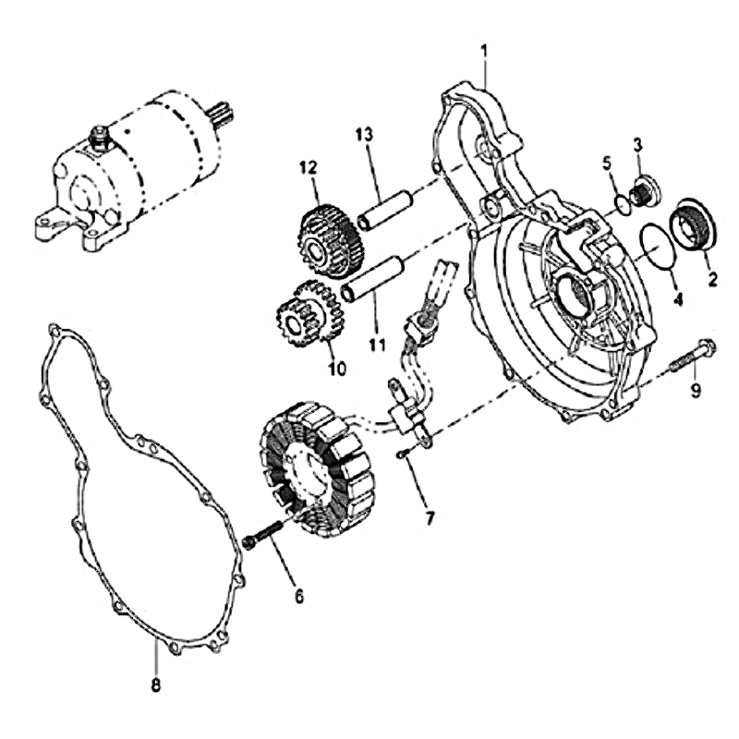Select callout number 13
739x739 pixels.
364,135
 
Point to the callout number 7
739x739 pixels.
430,518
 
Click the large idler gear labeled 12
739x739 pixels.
332,235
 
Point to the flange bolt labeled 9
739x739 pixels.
691,357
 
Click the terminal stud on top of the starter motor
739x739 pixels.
100,137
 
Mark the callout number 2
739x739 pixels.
711,279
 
